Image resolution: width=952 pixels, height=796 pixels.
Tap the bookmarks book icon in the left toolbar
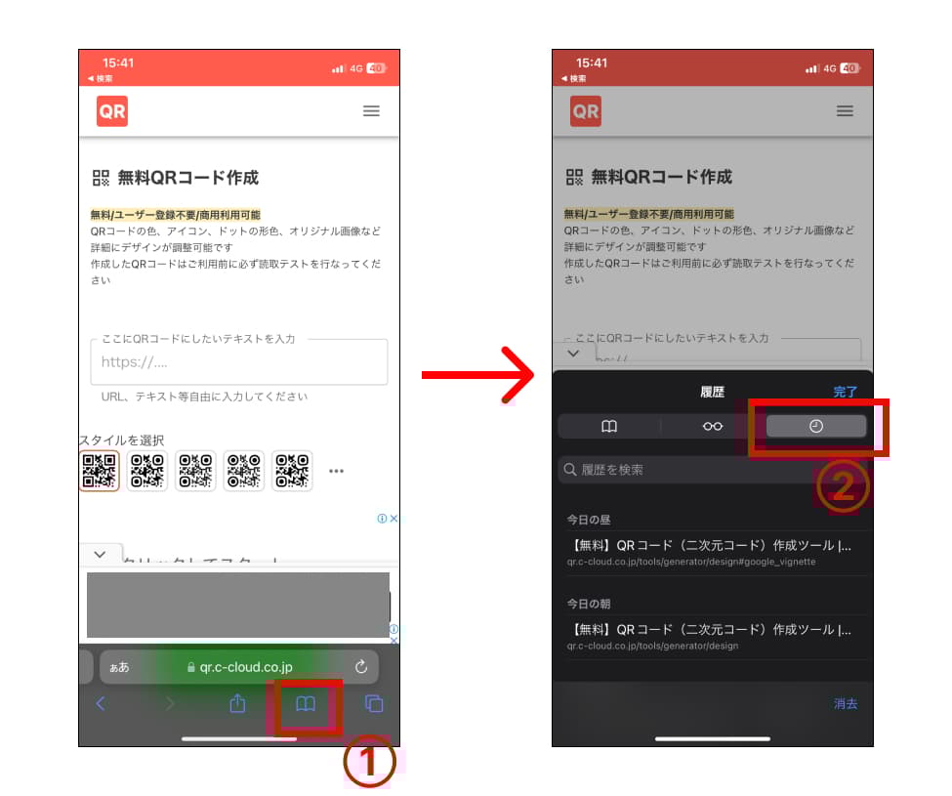click(306, 704)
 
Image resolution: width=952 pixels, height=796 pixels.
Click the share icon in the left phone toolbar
click(237, 704)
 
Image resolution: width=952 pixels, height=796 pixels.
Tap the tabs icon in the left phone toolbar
click(373, 704)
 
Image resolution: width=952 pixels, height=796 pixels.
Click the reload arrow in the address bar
click(361, 667)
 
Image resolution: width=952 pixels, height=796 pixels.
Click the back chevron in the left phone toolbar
click(100, 704)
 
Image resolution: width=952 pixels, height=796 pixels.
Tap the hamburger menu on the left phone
click(371, 111)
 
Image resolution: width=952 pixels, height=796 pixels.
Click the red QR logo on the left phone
click(112, 111)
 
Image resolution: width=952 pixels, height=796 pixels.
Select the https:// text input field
click(238, 362)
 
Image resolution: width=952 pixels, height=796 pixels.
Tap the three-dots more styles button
click(337, 471)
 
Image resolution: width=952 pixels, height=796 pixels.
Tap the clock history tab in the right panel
click(816, 426)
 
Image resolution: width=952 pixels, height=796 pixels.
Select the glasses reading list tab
click(713, 426)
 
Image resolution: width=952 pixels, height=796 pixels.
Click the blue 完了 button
click(845, 392)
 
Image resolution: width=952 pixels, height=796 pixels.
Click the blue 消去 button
click(845, 703)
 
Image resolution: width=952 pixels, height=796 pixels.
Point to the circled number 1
click(369, 763)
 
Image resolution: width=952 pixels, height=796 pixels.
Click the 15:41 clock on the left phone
click(118, 63)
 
